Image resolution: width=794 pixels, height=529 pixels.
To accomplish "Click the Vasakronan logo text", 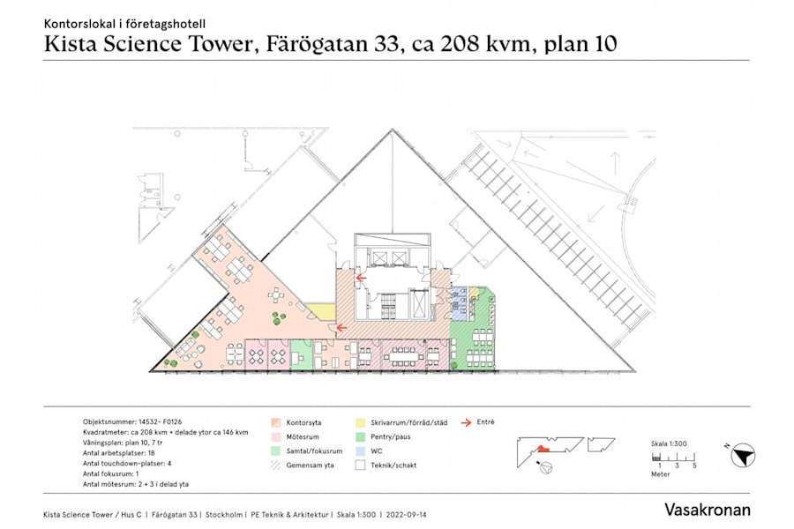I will click(708, 510).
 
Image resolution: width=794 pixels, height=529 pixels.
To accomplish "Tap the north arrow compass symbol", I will click(744, 456).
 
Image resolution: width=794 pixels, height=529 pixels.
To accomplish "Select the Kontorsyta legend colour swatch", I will click(276, 422).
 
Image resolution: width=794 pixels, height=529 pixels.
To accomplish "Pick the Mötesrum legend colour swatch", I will click(276, 436).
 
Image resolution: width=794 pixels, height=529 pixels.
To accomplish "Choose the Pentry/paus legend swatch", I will click(361, 436).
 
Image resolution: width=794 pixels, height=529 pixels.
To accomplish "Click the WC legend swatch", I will click(361, 451).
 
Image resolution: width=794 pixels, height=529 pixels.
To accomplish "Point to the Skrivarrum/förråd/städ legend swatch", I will click(361, 422).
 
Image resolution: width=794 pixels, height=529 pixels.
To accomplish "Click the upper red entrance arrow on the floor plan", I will click(360, 278).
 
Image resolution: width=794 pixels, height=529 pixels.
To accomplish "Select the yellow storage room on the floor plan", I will click(321, 310).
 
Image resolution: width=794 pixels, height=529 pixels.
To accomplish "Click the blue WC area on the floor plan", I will click(459, 303).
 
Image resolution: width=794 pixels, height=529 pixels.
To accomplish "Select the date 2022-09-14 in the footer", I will click(408, 514).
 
